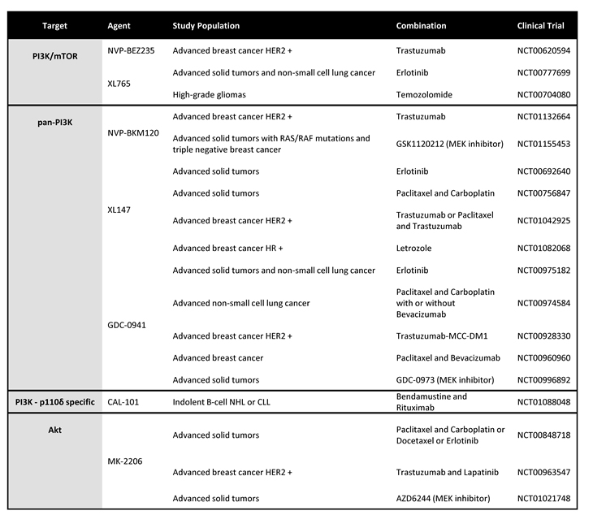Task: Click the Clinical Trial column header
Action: tap(540, 26)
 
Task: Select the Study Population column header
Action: tap(206, 26)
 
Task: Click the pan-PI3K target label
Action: tap(50, 117)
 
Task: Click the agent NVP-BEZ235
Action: tap(133, 50)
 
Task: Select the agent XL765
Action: tap(119, 84)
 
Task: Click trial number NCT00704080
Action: tap(543, 95)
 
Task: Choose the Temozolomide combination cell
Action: tap(424, 95)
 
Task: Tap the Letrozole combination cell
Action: tap(413, 248)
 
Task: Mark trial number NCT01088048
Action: tap(543, 402)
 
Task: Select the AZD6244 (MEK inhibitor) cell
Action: tap(446, 498)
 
